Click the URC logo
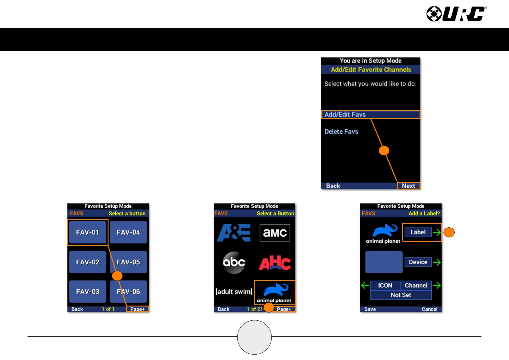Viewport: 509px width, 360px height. coord(456,14)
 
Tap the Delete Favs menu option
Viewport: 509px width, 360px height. coord(341,131)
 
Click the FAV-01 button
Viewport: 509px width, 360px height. coord(88,232)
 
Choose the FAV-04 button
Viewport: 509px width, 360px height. coord(128,232)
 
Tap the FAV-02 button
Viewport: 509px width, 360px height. coord(88,262)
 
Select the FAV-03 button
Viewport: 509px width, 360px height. coord(88,292)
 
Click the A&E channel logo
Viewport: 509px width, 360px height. coord(234,233)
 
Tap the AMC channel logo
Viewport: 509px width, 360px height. coord(275,233)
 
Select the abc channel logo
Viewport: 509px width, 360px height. coord(234,262)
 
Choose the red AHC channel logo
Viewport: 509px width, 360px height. coord(275,262)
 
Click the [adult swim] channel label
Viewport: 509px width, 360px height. coord(234,292)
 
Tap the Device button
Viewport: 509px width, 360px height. coord(418,262)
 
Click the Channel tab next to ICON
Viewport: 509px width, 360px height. coord(416,285)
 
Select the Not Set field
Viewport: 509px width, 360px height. coord(401,295)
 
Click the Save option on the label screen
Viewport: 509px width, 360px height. coord(370,309)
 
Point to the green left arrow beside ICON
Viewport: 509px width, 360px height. coord(365,285)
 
